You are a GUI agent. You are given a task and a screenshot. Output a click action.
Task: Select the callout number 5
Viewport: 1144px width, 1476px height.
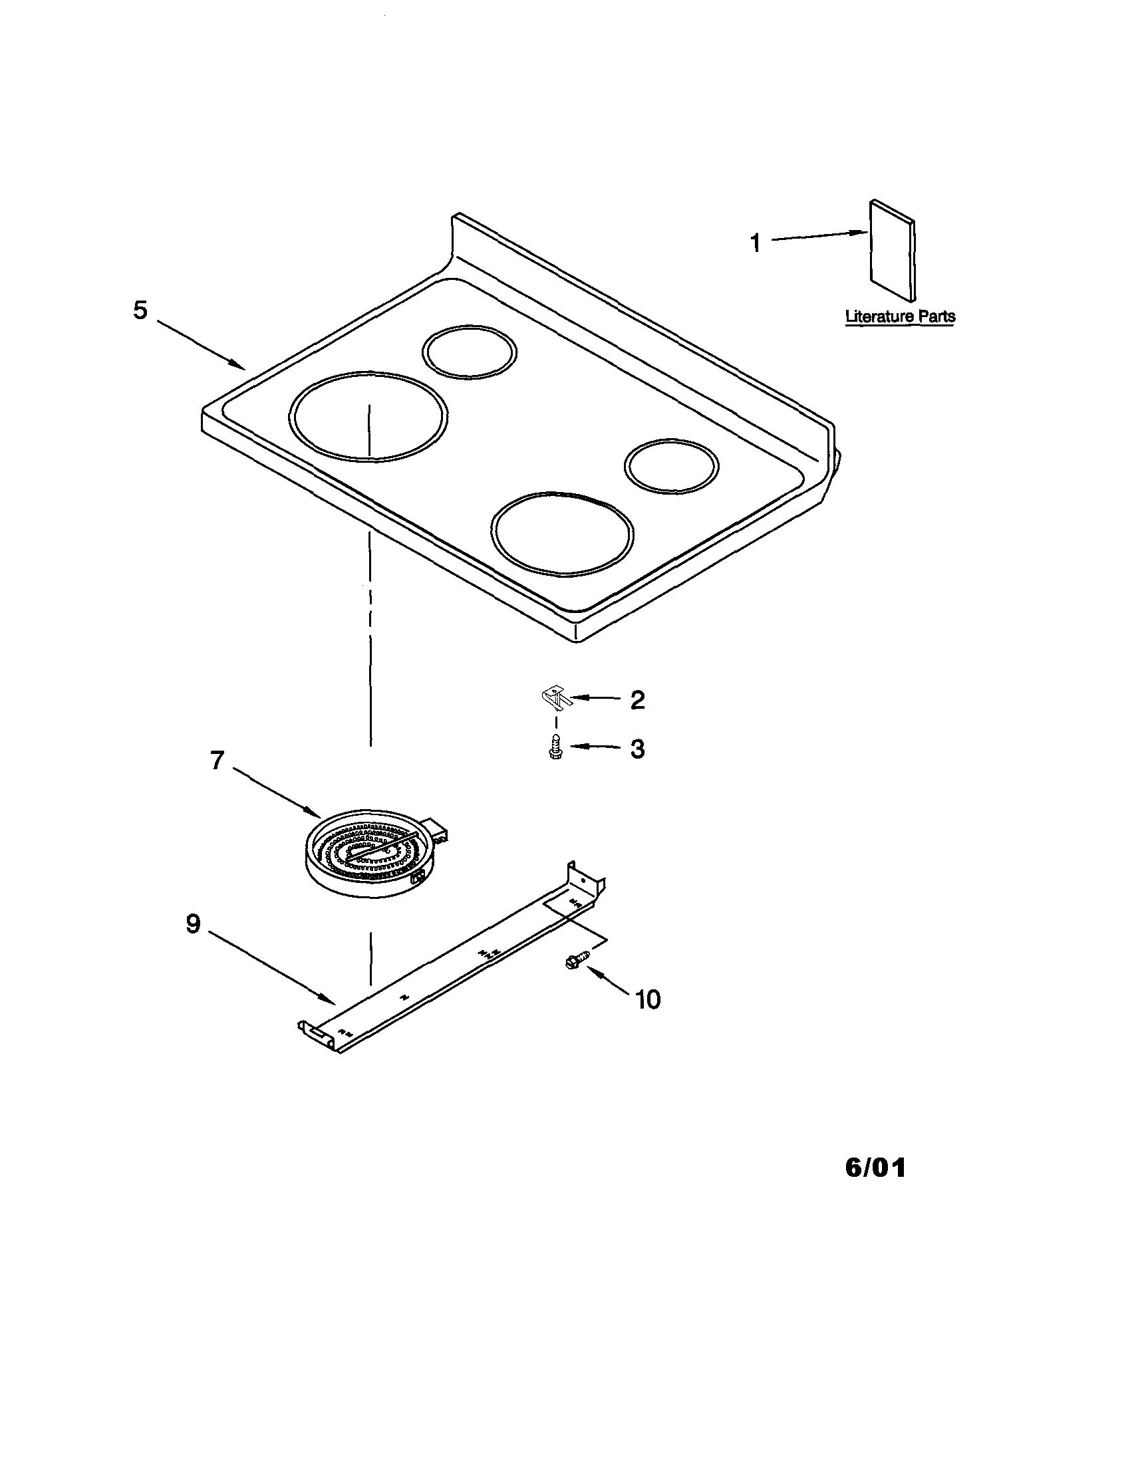click(x=140, y=310)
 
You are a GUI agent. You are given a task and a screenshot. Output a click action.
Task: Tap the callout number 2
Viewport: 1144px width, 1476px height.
click(x=637, y=700)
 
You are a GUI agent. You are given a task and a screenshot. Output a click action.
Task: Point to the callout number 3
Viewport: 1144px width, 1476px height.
click(x=637, y=749)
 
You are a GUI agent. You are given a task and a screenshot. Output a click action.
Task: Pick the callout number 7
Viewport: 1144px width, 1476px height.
click(x=217, y=761)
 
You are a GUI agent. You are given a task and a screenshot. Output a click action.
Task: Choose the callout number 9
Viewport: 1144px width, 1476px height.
click(x=194, y=924)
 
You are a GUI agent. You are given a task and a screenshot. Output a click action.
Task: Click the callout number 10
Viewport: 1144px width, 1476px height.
click(x=648, y=999)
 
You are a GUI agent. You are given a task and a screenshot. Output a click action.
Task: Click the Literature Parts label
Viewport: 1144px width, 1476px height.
click(x=900, y=316)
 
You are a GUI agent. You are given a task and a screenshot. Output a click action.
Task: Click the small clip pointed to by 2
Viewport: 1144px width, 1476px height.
click(x=556, y=699)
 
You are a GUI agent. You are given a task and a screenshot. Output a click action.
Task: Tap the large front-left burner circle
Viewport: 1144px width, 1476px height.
click(x=368, y=416)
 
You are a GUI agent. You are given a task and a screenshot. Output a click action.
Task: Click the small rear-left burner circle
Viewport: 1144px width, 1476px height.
click(x=469, y=352)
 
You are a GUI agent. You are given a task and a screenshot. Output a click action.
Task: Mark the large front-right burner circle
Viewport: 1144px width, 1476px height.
click(x=563, y=534)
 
